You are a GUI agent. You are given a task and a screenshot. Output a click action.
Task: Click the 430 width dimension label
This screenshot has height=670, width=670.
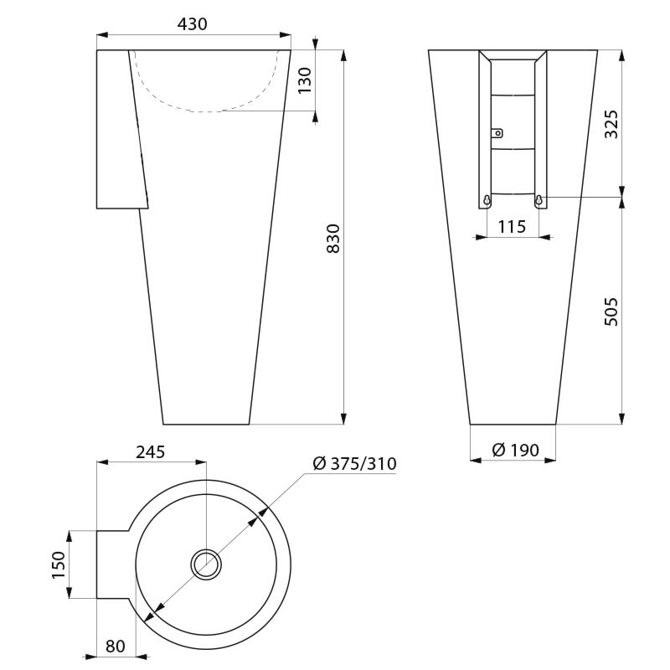[193, 24]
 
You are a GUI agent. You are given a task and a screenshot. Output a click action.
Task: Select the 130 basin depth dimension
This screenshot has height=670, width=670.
[305, 80]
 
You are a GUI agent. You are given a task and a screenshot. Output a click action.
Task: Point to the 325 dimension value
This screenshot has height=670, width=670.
[611, 123]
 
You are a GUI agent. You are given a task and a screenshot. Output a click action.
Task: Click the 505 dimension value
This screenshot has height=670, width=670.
[611, 311]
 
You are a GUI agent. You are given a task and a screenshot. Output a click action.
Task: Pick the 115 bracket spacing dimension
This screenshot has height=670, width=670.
[511, 226]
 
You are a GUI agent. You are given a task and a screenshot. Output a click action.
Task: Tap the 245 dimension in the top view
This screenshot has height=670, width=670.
[151, 451]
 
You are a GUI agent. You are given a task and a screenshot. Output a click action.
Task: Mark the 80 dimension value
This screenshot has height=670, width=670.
[115, 646]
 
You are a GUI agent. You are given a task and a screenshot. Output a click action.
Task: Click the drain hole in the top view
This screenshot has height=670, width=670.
[206, 564]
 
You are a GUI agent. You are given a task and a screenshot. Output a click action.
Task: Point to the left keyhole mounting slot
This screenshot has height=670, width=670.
[486, 199]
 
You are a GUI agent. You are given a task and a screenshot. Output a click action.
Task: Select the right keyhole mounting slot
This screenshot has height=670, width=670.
[539, 199]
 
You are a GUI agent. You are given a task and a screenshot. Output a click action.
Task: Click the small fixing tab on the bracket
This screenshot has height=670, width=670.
[497, 131]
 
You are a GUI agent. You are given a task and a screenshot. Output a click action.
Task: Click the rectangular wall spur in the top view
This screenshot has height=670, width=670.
[113, 564]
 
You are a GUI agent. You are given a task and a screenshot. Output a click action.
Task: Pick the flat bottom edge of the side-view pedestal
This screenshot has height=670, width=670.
[205, 425]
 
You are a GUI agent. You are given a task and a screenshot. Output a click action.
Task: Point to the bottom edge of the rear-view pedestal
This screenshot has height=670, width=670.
[513, 425]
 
